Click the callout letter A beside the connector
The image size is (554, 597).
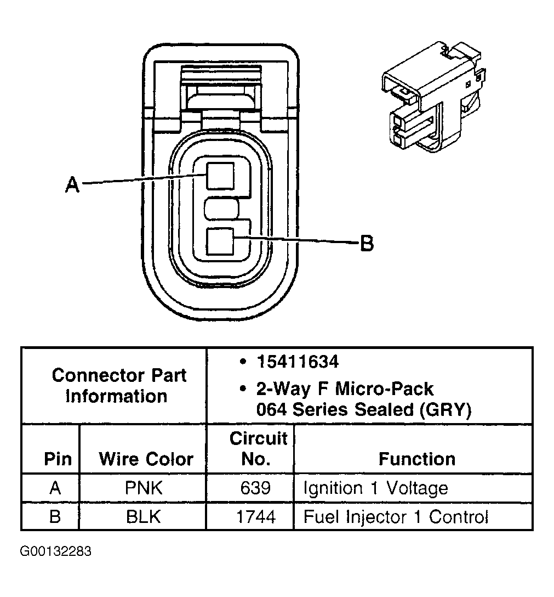click(x=72, y=184)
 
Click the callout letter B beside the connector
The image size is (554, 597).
click(x=367, y=242)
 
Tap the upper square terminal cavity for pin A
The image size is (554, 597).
click(x=221, y=176)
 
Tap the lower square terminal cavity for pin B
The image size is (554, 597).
click(x=221, y=241)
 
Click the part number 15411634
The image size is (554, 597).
click(x=298, y=362)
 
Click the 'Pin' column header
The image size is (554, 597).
click(x=58, y=459)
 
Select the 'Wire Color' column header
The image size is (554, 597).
click(x=146, y=459)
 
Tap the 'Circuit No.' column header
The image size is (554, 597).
click(x=258, y=448)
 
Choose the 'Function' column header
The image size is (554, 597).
click(x=416, y=459)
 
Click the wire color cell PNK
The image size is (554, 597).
click(x=144, y=488)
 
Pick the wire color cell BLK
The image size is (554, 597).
click(x=144, y=517)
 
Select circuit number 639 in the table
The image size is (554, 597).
click(x=255, y=488)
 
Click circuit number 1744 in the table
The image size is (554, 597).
click(x=255, y=517)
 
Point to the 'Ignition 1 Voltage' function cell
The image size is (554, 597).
click(x=375, y=488)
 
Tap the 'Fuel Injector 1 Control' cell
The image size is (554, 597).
click(x=395, y=517)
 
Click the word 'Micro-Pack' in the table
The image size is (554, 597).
click(x=384, y=389)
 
